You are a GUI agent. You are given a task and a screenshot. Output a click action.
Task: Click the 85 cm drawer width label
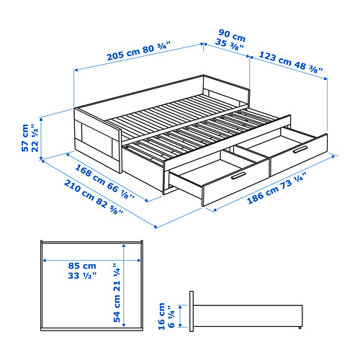click(82, 266)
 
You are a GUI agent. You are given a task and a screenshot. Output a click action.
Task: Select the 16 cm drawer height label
click(162, 316)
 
